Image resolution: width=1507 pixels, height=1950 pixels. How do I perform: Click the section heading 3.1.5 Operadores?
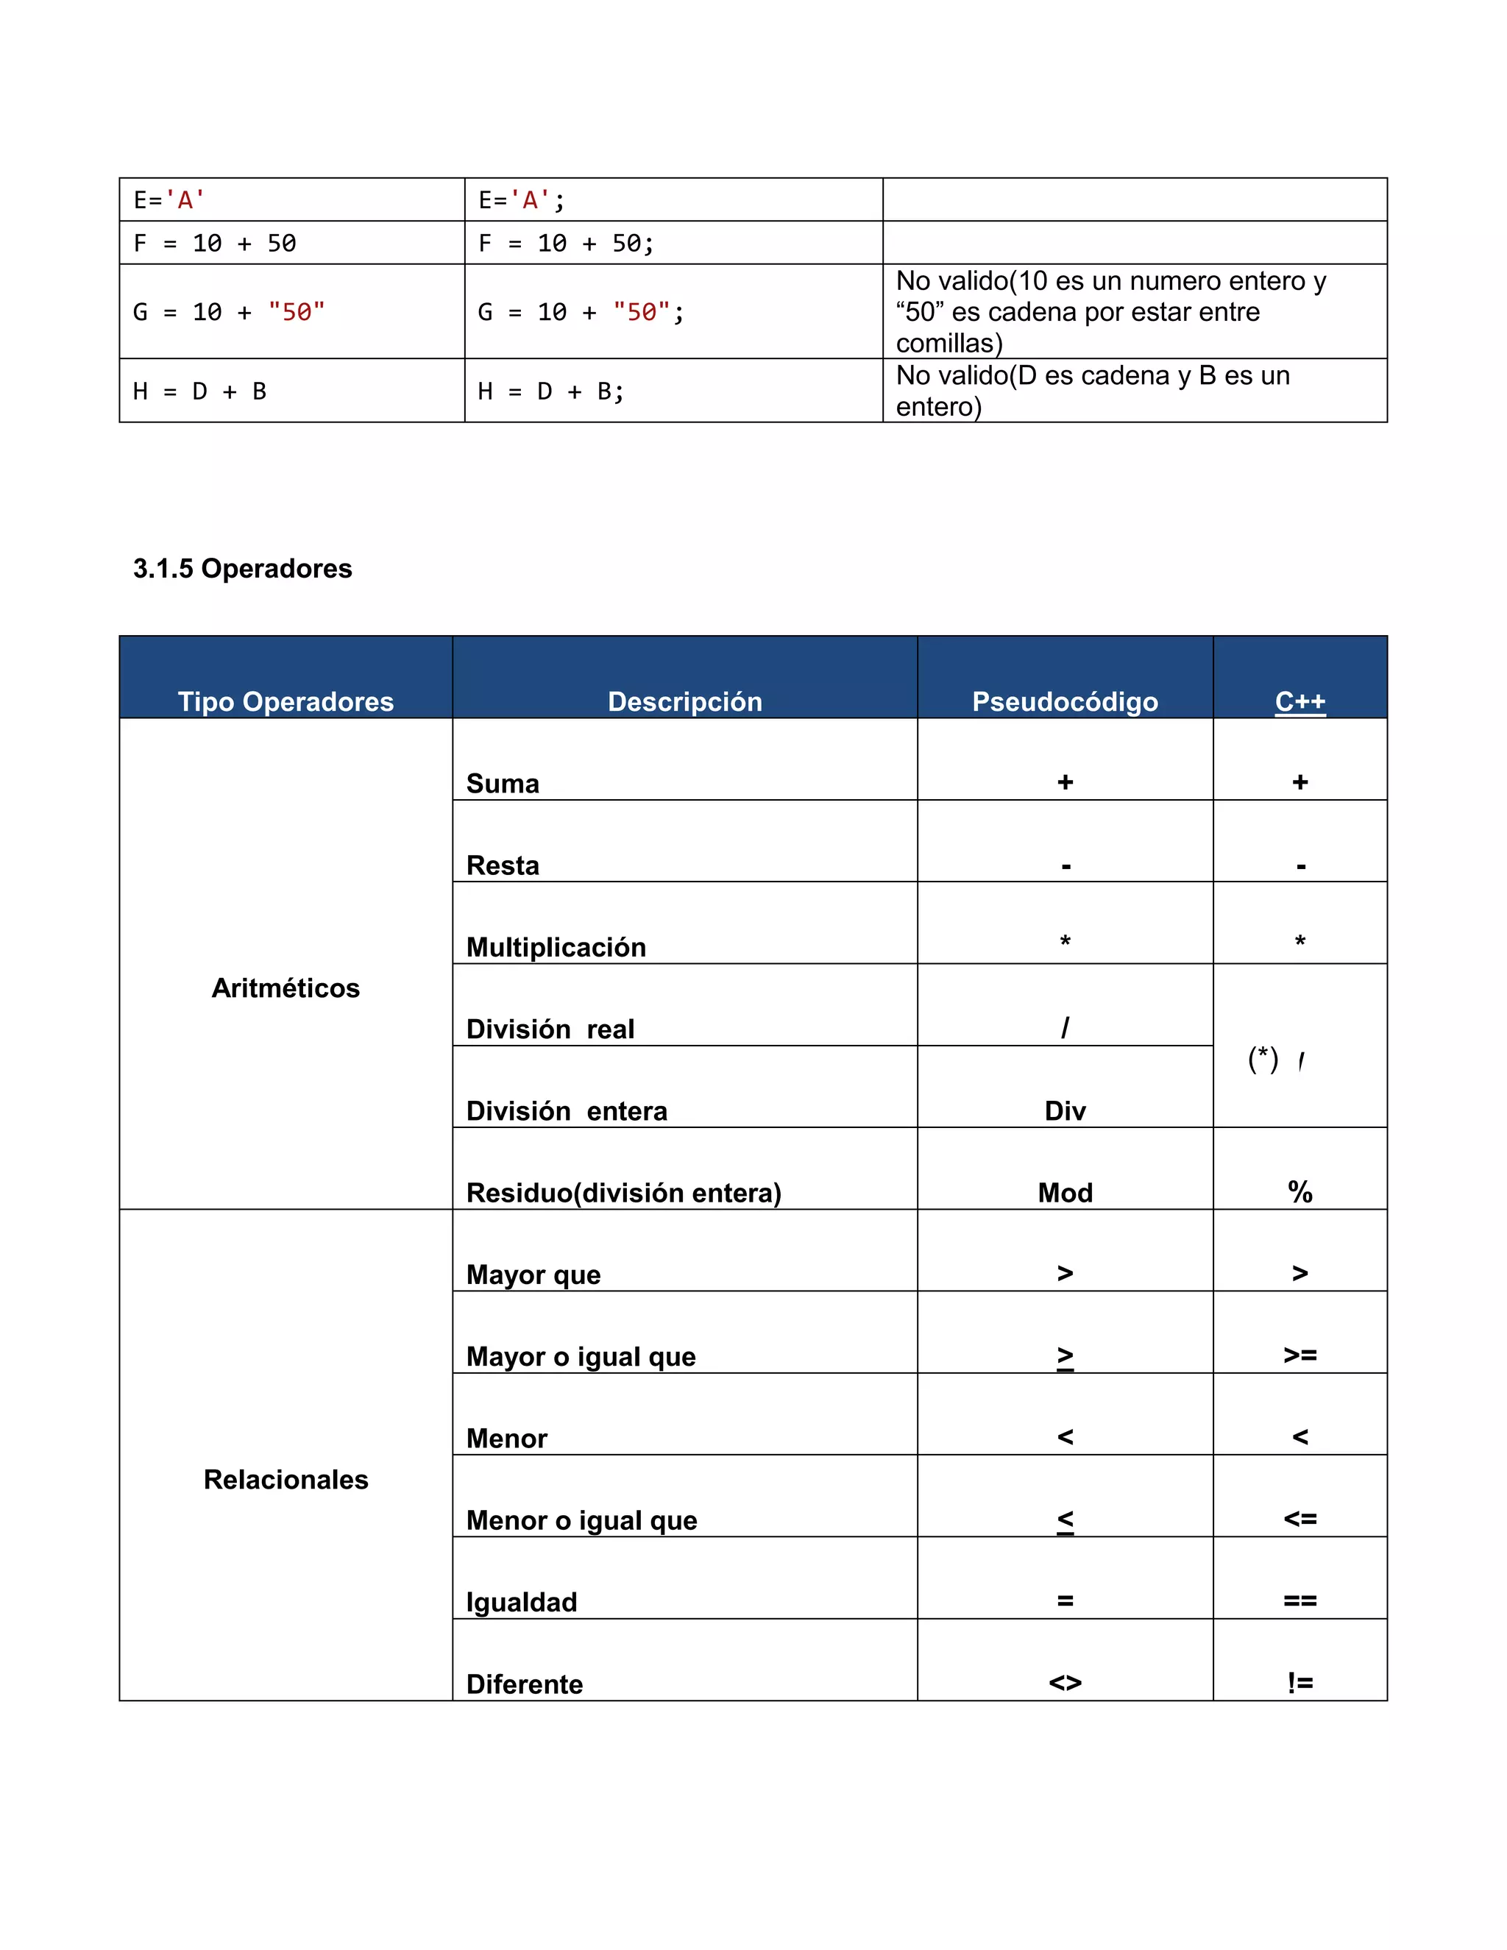coord(242,568)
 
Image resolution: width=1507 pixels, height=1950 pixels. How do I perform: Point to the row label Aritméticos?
coord(286,988)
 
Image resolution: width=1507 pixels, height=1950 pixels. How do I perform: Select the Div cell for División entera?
coord(1064,1110)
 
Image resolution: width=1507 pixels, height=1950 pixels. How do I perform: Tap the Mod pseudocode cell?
coord(1064,1192)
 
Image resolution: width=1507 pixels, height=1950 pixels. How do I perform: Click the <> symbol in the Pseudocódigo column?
coord(1064,1683)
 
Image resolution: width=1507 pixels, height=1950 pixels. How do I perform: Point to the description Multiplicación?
coord(556,946)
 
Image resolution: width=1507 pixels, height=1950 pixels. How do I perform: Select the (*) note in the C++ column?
coord(1263,1059)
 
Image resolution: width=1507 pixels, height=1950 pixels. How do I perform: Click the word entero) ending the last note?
coord(937,407)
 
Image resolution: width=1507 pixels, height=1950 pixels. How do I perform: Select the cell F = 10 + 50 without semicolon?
coord(214,243)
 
